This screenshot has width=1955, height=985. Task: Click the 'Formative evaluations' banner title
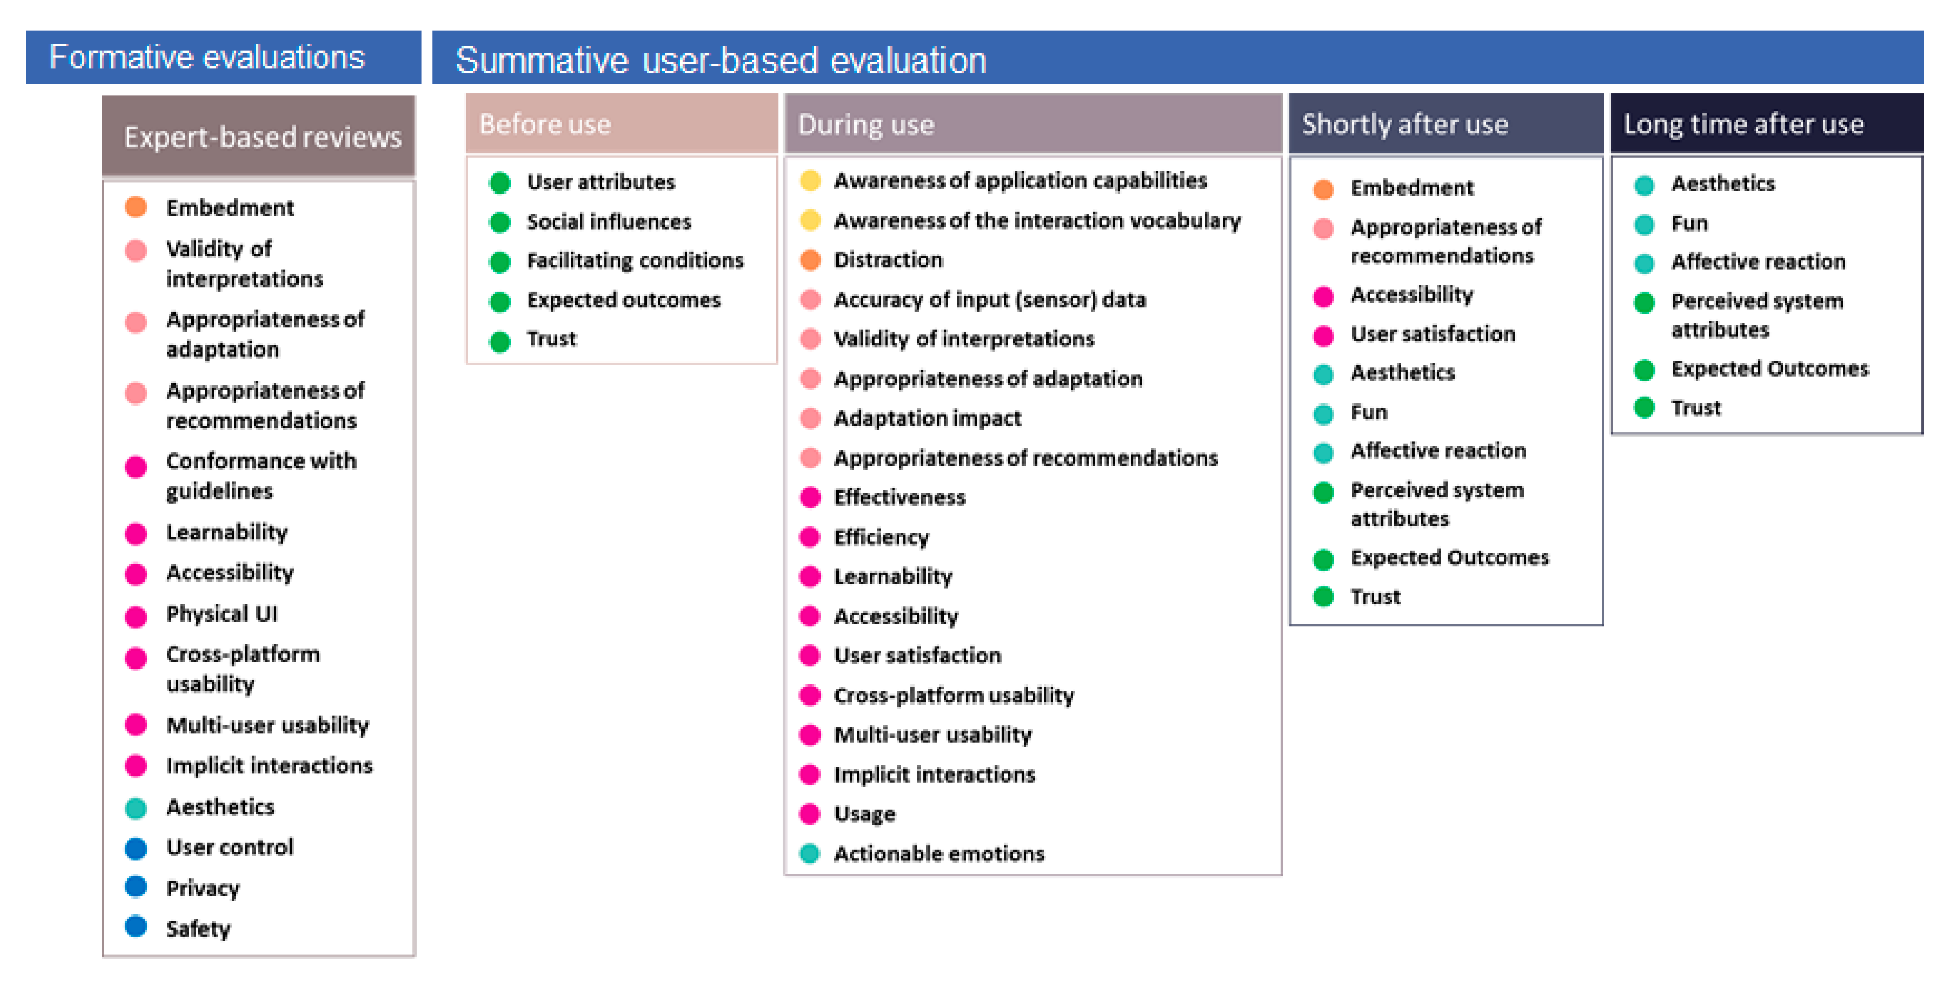coord(207,57)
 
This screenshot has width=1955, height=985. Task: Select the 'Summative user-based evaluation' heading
coord(721,60)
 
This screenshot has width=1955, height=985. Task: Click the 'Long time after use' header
coord(1766,124)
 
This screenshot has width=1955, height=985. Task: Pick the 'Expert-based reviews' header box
coord(259,136)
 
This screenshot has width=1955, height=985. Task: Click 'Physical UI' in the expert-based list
coord(222,613)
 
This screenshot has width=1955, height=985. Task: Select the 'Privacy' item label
coord(203,888)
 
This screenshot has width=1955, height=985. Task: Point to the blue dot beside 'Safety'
coord(136,926)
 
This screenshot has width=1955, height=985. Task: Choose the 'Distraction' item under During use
coord(888,259)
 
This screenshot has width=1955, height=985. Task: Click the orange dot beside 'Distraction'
coord(811,259)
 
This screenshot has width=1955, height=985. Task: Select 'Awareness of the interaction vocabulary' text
coord(1037,221)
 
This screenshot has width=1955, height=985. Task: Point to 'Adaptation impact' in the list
coord(928,418)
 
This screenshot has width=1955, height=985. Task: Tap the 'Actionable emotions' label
coord(939,854)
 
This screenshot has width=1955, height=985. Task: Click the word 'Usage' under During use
coord(864,814)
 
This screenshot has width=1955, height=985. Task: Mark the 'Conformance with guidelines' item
coord(261,476)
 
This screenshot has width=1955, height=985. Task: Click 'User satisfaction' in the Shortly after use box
coord(1433,334)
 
